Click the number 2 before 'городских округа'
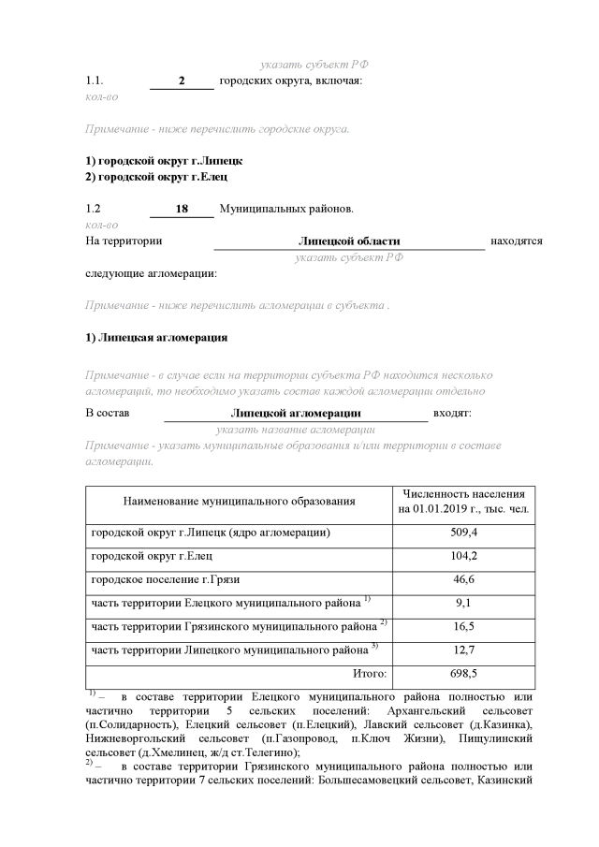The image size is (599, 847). pyautogui.click(x=183, y=81)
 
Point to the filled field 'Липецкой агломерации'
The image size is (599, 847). pyautogui.click(x=295, y=413)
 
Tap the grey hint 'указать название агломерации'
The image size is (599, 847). pyautogui.click(x=295, y=429)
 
